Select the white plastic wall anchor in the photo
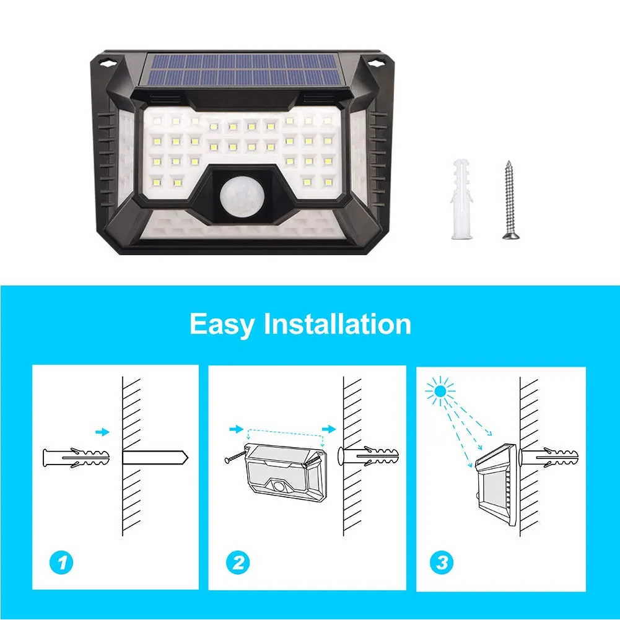[462, 199]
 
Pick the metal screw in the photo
[510, 199]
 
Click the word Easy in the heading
[222, 324]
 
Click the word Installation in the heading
[338, 323]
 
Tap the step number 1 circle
[62, 562]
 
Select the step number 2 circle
[238, 562]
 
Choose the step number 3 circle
[442, 562]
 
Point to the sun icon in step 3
[440, 391]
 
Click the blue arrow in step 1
[102, 432]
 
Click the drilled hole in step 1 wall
[155, 458]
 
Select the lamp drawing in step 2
[286, 472]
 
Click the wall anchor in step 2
[369, 456]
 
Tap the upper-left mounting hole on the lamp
[107, 62]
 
